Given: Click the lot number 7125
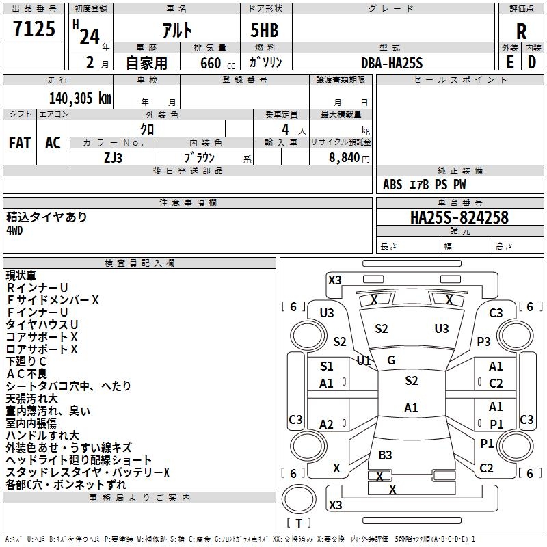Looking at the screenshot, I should click(34, 29).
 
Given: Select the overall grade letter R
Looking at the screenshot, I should click(521, 31).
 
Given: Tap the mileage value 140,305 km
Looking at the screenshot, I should click(80, 98).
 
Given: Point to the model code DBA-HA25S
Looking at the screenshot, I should click(392, 63).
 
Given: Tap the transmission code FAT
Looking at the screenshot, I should click(19, 143).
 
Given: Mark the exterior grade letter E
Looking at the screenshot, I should click(509, 62).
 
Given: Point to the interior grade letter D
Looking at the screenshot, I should click(532, 62).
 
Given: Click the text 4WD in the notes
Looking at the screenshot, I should click(15, 230).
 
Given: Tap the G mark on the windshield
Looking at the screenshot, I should click(391, 360).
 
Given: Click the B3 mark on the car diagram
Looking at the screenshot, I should click(385, 455).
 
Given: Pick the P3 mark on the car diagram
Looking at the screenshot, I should click(484, 341).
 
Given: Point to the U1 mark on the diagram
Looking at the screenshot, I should click(364, 360).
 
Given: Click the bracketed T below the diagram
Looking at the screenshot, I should click(299, 523).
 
